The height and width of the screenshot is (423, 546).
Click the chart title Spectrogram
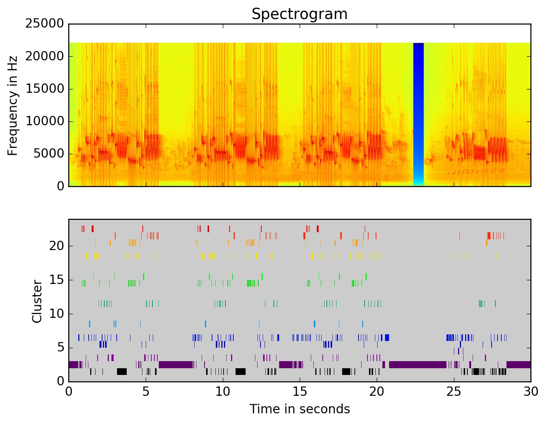[x=299, y=14]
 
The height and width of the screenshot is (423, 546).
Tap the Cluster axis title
[x=37, y=302]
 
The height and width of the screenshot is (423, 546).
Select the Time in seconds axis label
[x=300, y=409]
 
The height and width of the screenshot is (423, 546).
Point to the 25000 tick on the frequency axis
[x=44, y=24]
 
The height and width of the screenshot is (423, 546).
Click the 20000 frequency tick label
[x=44, y=56]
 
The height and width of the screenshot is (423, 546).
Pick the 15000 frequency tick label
[x=44, y=89]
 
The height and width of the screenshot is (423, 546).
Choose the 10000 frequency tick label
[x=44, y=121]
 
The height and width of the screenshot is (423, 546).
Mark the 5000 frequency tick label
[x=48, y=154]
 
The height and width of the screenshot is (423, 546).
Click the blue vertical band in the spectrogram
[x=419, y=112]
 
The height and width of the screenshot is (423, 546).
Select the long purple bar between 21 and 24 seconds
[x=417, y=364]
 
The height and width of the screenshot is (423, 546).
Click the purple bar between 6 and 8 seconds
[x=176, y=364]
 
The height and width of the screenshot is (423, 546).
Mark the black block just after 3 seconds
[x=122, y=372]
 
